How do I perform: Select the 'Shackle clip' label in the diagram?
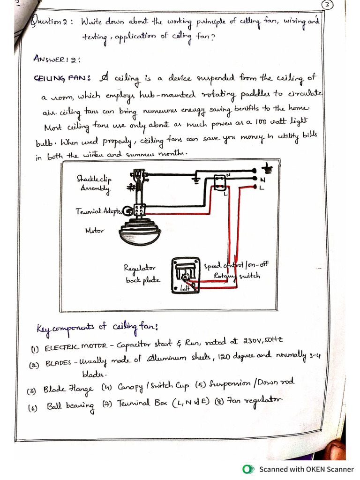point(94,179)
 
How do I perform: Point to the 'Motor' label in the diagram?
point(94,230)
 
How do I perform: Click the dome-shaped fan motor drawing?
point(140,232)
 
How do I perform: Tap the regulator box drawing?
point(186,275)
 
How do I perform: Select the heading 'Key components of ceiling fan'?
point(97,327)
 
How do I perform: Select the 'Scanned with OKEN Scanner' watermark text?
point(307,469)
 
